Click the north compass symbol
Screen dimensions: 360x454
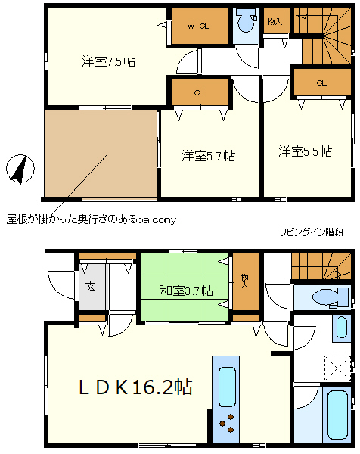coord(20,169)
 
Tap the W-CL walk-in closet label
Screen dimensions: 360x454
coord(198,26)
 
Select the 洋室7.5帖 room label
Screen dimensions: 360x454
coord(108,61)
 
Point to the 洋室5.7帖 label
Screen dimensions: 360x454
coord(208,156)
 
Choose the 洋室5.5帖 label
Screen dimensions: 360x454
coord(306,151)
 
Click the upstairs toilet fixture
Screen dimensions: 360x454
coord(247,20)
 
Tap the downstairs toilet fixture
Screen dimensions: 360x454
coord(331,297)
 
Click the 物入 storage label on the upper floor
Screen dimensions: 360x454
coord(275,21)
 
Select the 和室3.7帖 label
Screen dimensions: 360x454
coord(187,290)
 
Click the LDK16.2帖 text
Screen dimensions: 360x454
coord(135,387)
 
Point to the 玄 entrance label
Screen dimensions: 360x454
coord(90,287)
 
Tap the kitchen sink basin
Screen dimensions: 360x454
coord(227,387)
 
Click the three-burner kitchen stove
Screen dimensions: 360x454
coord(227,423)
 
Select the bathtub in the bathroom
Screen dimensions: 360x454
coord(337,415)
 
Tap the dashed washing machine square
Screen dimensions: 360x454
coord(338,368)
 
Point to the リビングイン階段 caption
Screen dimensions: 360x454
coord(312,232)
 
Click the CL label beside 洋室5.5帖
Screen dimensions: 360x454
coord(321,83)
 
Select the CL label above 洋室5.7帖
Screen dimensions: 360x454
coord(199,93)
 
